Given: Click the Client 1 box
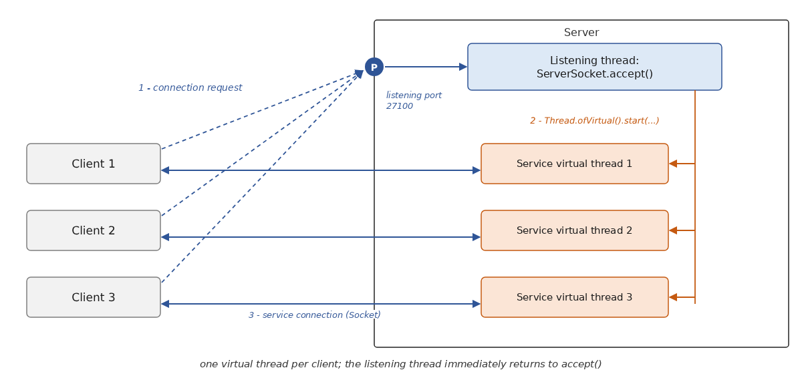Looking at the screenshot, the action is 94,164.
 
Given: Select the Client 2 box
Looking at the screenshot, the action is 94,230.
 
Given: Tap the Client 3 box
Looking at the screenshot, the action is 94,297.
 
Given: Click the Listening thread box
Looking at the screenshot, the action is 594,67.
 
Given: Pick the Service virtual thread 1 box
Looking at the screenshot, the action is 574,164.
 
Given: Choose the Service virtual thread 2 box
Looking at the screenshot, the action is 574,230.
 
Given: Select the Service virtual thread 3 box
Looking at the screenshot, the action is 574,297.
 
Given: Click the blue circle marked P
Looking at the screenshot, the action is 374,67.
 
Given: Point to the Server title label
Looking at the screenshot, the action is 581,32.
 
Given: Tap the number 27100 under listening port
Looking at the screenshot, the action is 399,106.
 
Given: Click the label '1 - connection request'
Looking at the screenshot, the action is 190,87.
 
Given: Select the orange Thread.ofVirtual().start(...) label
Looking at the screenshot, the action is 594,121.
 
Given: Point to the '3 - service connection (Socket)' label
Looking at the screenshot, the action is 314,315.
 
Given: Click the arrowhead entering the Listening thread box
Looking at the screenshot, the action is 463,67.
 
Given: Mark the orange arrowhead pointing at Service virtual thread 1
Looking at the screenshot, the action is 673,164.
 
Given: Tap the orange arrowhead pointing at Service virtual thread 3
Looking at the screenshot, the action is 673,297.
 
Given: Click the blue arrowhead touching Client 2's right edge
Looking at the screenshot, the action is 165,237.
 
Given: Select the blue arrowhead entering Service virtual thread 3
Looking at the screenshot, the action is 477,304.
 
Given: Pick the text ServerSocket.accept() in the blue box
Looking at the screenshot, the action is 594,74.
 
